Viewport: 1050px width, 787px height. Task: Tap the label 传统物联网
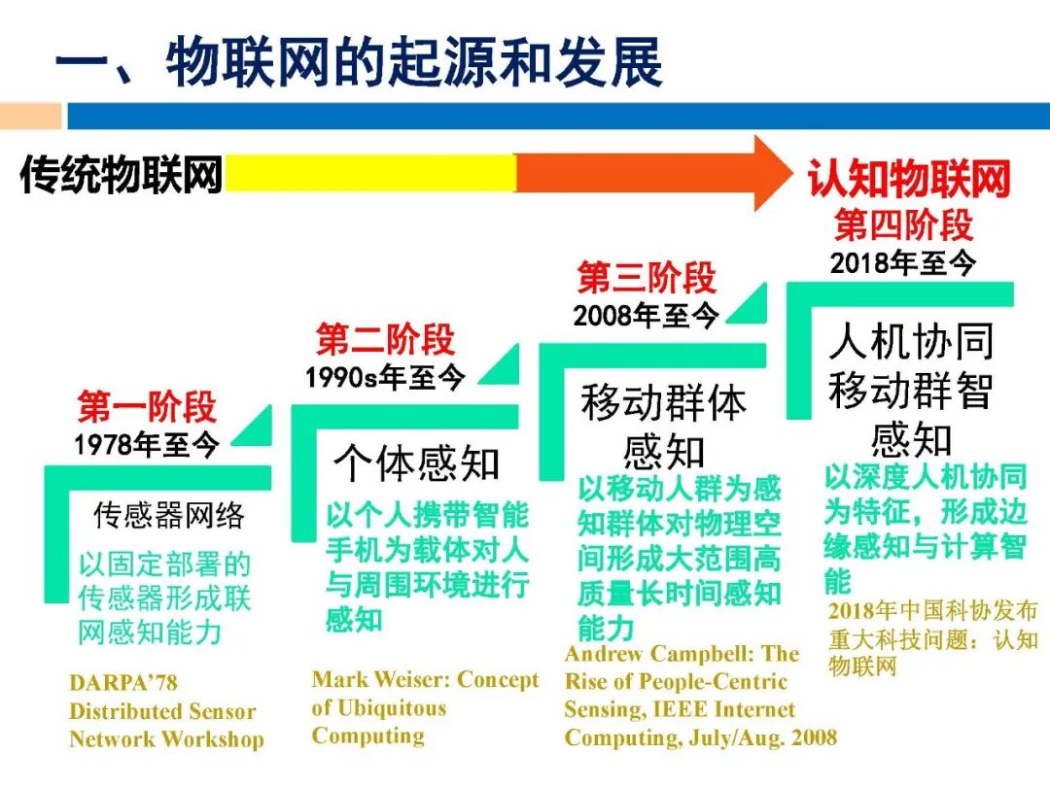click(121, 175)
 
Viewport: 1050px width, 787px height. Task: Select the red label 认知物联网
click(909, 180)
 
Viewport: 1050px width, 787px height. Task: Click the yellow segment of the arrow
click(369, 175)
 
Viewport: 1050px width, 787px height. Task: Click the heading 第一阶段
click(147, 407)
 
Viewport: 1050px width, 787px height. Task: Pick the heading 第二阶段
click(385, 340)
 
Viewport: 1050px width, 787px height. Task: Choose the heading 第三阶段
click(647, 279)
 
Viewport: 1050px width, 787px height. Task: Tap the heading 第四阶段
click(903, 224)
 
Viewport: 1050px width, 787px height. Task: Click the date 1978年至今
click(147, 445)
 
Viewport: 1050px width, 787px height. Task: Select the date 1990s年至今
click(385, 377)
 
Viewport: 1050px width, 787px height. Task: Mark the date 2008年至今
click(647, 315)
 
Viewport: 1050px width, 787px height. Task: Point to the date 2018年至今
click(903, 261)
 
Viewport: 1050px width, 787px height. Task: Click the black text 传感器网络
click(169, 515)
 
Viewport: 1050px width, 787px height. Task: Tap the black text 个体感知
click(416, 463)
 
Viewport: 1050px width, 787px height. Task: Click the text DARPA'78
click(123, 684)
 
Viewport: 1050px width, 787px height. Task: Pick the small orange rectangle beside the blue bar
click(30, 118)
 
